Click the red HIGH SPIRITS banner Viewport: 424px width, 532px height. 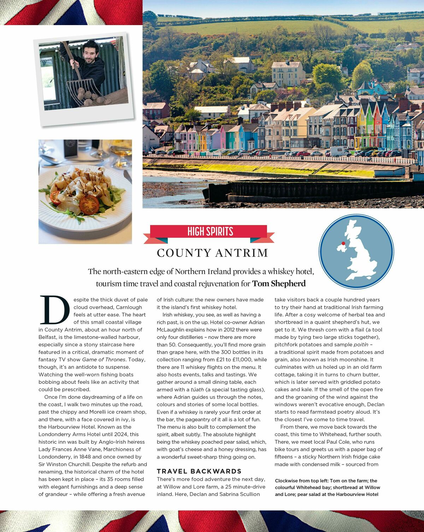pyautogui.click(x=210, y=232)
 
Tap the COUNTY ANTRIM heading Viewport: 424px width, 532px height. pyautogui.click(x=212, y=253)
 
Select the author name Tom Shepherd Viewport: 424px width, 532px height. pyautogui.click(x=279, y=284)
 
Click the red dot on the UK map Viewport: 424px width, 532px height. pyautogui.click(x=343, y=243)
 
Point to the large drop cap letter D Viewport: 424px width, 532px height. pyautogui.click(x=54, y=310)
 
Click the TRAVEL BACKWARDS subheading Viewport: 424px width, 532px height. pyautogui.click(x=199, y=471)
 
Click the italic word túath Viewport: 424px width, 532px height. pyautogui.click(x=197, y=390)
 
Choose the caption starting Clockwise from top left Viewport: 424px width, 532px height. pyautogui.click(x=326, y=487)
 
